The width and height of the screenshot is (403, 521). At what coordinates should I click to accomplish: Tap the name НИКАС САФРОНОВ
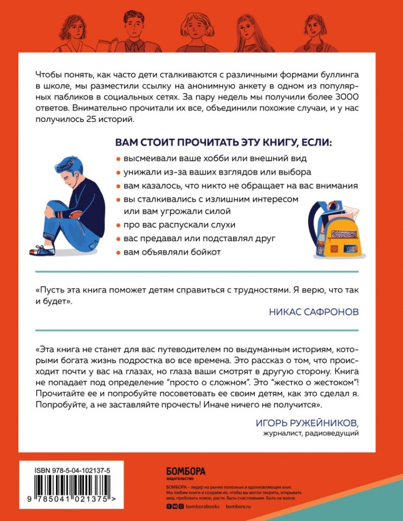[313, 311]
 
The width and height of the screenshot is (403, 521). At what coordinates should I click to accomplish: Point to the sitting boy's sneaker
[43, 250]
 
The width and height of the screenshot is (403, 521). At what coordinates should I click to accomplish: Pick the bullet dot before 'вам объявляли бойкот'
[118, 253]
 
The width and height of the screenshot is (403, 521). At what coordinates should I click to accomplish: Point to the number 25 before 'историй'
[96, 120]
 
